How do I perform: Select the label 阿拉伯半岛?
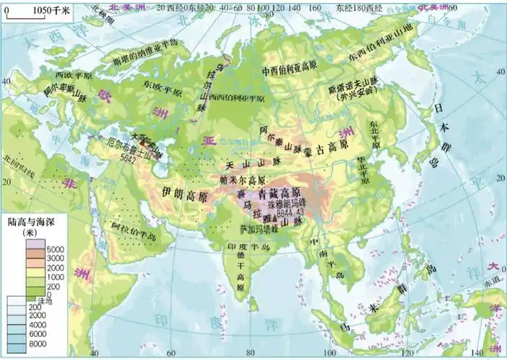[131, 231]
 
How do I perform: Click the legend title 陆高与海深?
[30, 222]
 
